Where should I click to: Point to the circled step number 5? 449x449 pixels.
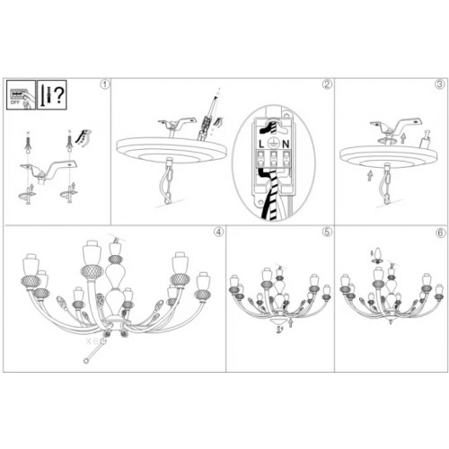coord(327,231)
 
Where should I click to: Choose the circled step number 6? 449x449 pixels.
coord(440,231)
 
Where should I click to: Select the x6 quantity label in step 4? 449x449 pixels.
coord(91,342)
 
